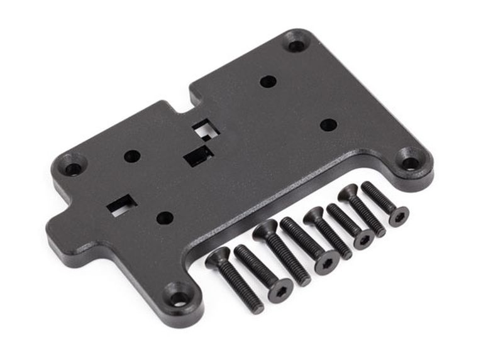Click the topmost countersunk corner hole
[296, 44]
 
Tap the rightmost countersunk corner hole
[410, 163]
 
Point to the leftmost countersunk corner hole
[73, 168]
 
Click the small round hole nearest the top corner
[268, 81]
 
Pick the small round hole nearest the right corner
[328, 124]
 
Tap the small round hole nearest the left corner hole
[132, 156]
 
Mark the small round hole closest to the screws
[165, 217]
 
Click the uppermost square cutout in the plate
[202, 130]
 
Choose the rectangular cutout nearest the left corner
[121, 205]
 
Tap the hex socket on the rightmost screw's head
[398, 217]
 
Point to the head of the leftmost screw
[218, 256]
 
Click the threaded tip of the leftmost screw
[257, 307]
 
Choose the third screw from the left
[282, 254]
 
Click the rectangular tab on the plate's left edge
[60, 232]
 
